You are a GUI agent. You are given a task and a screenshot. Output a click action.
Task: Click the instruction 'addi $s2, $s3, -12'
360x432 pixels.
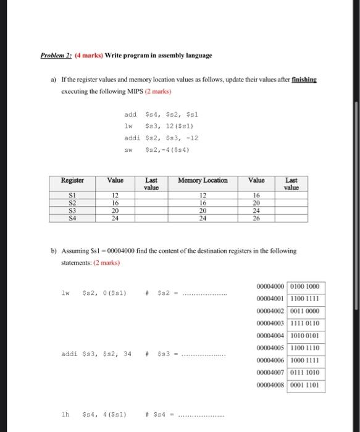pyautogui.click(x=161, y=138)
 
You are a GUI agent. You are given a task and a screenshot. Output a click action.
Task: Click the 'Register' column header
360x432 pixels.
pyautogui.click(x=72, y=180)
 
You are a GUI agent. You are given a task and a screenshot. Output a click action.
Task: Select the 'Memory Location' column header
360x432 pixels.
pyautogui.click(x=203, y=180)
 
